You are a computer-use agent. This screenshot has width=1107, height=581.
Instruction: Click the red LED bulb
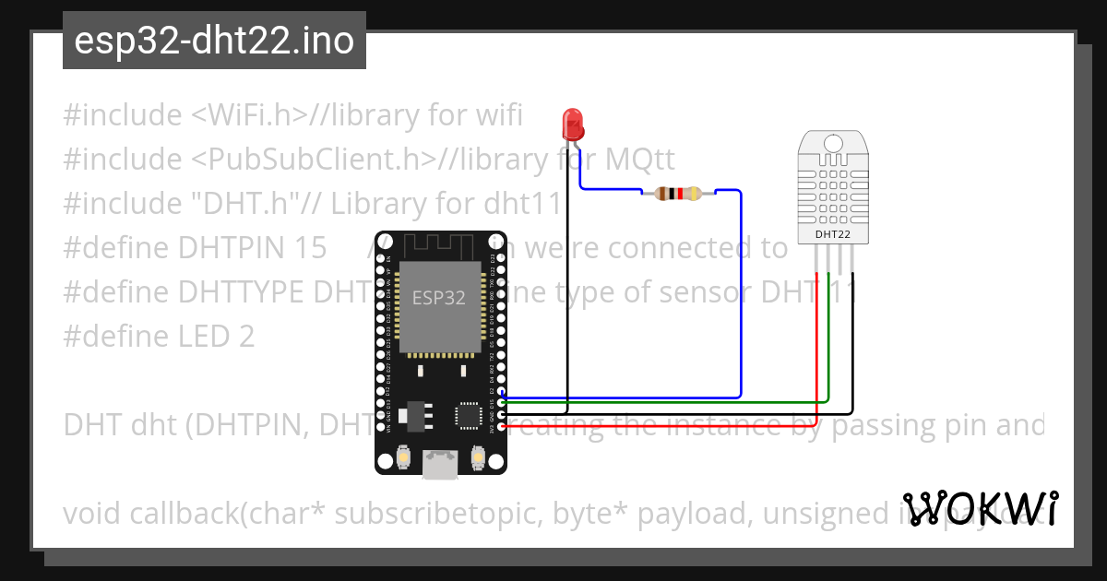572,122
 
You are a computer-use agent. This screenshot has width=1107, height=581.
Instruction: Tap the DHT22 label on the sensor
833,234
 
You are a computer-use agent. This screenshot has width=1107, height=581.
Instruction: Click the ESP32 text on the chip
439,298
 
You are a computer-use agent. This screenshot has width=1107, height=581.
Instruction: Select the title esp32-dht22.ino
214,41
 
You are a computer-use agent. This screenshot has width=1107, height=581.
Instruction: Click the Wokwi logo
980,508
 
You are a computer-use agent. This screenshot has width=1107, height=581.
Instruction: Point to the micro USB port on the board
440,463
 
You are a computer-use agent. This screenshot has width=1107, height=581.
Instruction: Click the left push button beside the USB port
403,456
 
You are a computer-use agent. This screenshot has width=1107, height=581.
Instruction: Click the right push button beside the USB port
478,456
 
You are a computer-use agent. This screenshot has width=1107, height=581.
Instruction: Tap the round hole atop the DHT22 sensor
833,144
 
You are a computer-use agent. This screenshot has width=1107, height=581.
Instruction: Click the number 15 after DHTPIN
309,248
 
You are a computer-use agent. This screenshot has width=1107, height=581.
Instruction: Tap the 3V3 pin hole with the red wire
501,426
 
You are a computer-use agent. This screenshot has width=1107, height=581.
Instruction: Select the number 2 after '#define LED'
245,337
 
